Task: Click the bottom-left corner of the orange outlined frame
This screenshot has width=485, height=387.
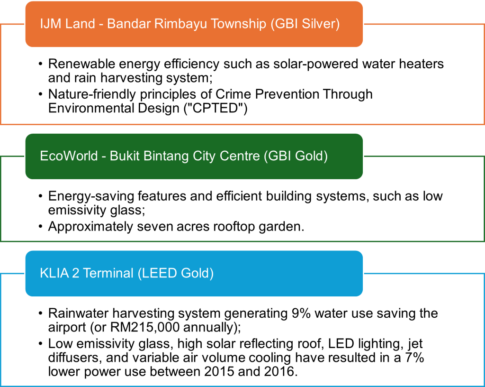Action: [0, 124]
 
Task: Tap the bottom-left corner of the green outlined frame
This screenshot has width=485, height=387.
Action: [0, 241]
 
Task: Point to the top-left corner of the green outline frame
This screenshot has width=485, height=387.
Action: [0, 157]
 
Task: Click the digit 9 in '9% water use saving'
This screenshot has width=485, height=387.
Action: [295, 313]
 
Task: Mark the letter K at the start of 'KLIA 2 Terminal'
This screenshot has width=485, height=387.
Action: [44, 273]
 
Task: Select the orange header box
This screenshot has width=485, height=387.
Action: [194, 24]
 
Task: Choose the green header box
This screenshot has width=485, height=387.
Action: [194, 157]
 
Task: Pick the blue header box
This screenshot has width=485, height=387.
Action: [194, 274]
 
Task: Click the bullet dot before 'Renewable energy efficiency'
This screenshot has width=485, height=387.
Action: [41, 64]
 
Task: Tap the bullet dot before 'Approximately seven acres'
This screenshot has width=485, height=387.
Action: [41, 227]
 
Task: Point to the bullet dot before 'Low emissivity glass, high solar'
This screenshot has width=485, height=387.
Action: [41, 344]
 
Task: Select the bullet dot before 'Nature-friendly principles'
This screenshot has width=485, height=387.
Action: [41, 94]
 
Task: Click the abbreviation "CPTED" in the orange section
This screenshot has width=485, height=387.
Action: [216, 108]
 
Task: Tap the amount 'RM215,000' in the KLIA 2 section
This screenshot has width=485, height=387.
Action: [145, 327]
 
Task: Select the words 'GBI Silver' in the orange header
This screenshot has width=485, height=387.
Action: [305, 24]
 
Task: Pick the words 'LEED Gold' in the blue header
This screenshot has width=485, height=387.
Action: [176, 273]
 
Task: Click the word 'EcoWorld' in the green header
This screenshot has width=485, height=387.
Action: [69, 156]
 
